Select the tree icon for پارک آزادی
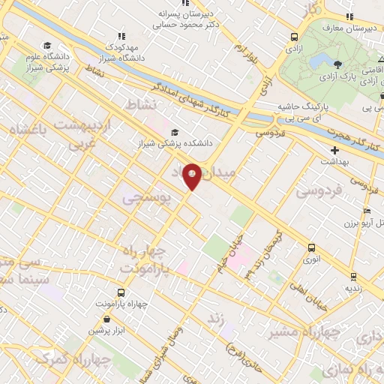339,64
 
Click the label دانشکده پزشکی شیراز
179,142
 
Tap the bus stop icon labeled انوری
311,247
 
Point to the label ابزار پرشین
104,330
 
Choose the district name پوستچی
147,196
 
